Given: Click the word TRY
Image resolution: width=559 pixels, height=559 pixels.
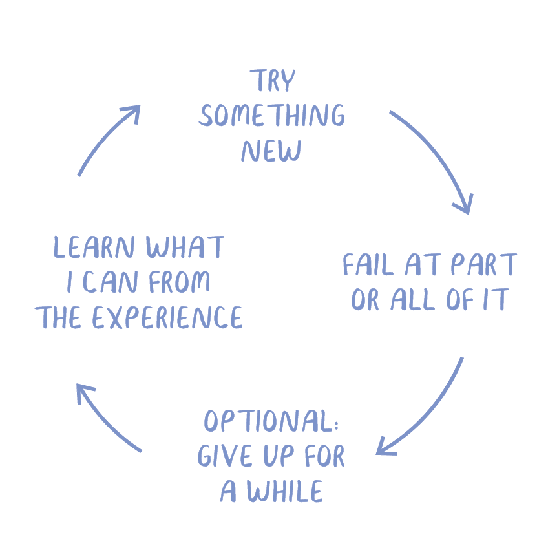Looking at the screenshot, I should tap(273, 81).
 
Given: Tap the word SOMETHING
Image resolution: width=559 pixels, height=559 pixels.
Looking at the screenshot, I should tap(272, 116).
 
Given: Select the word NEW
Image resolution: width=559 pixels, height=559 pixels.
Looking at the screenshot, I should tap(271, 151).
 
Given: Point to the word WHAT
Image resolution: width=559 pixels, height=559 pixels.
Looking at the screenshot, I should tap(185, 248).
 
